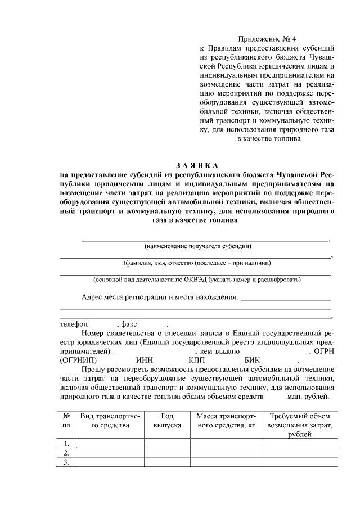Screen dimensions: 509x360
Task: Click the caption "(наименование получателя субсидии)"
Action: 197,246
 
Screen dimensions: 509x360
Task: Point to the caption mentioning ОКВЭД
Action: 197,279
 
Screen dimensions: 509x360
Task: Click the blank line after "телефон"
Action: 103,325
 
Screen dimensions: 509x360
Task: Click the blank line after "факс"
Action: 152,325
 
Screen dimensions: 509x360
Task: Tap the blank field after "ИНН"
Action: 171,361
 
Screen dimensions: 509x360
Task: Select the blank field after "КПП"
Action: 226,361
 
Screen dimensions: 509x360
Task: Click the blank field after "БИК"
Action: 281,361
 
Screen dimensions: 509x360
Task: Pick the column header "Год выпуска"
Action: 167,421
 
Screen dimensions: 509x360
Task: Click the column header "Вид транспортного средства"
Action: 110,421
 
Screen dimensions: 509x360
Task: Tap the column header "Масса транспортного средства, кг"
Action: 226,421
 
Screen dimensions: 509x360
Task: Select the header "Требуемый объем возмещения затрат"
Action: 299,426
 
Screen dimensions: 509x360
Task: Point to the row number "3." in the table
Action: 66,462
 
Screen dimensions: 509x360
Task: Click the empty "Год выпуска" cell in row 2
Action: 167,453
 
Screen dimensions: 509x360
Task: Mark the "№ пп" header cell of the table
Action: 66,421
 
